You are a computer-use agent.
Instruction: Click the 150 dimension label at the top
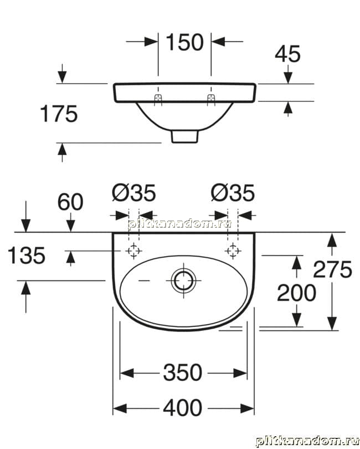point(184,42)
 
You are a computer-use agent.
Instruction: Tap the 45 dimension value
point(287,54)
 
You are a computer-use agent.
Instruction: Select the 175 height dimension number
point(59,114)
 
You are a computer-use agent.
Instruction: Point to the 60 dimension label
point(70,202)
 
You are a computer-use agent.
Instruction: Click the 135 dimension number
point(27,256)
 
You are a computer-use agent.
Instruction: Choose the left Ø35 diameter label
point(134,193)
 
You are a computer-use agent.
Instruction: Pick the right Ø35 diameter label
point(233,193)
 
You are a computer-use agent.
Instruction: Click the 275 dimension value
point(332,269)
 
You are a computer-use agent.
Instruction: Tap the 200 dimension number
point(296,293)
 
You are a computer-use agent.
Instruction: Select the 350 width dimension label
point(183,373)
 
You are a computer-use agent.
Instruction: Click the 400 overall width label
point(183,408)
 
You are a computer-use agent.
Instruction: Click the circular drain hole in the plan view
point(183,280)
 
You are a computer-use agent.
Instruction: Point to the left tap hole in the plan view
point(133,251)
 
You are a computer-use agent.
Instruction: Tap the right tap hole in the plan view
point(233,251)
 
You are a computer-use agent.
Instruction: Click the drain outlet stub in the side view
point(184,136)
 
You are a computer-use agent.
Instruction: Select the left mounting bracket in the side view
point(158,99)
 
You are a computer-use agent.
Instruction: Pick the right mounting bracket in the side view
point(211,99)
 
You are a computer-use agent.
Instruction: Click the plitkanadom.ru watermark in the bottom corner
point(307,441)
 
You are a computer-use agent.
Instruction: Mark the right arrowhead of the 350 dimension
point(240,373)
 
